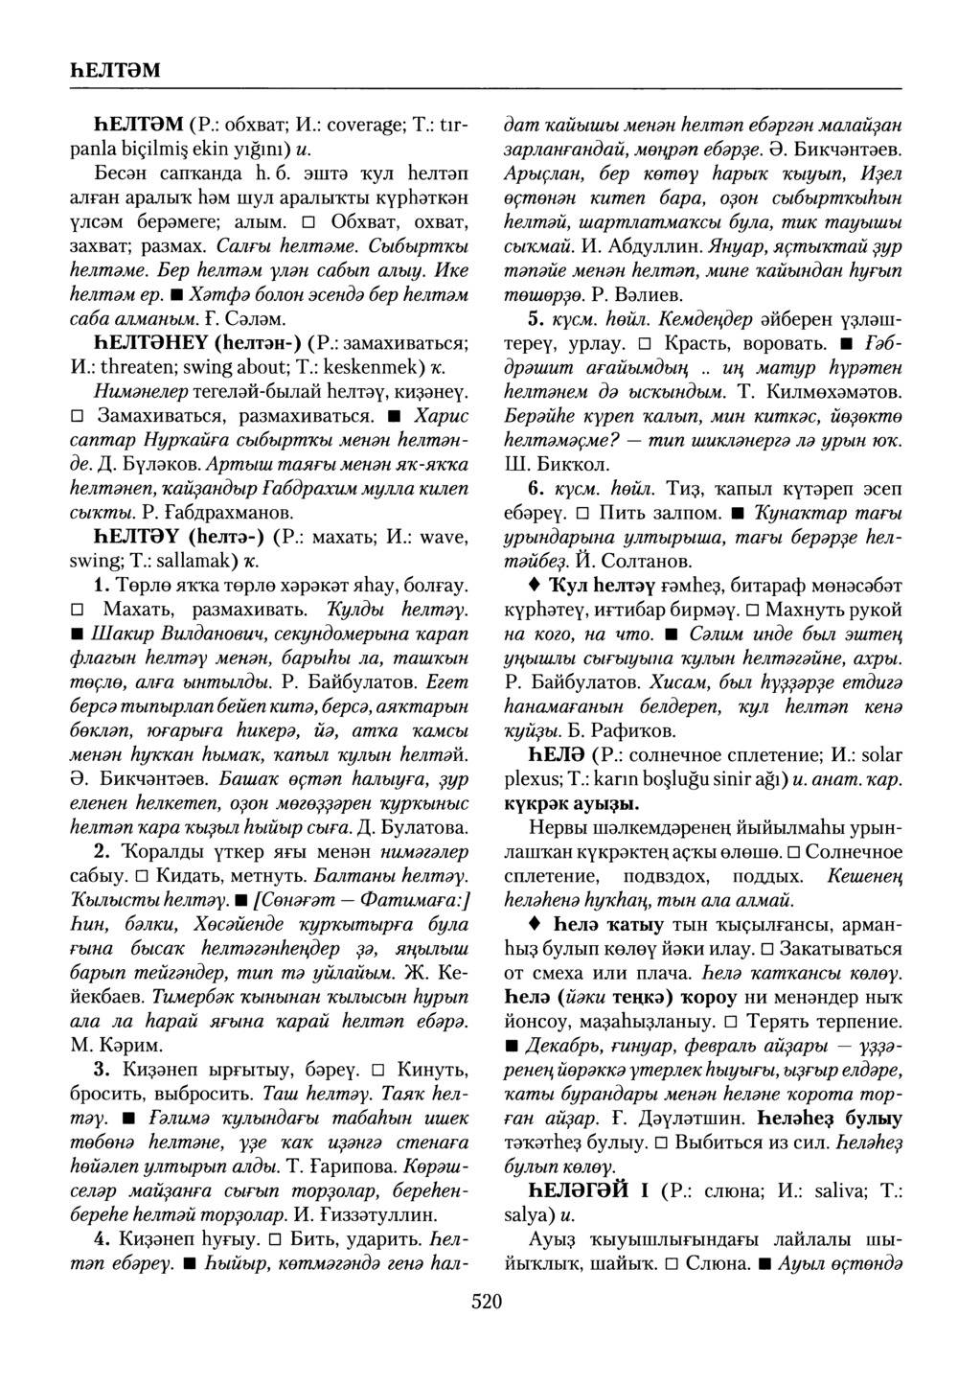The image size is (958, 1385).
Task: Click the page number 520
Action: coord(487,1300)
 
